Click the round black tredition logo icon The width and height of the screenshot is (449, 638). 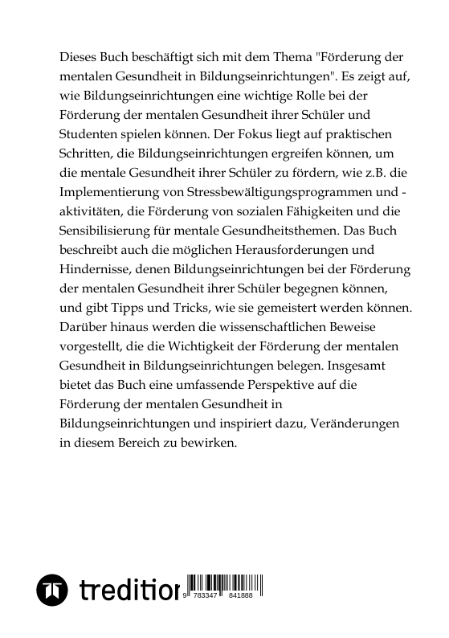(x=54, y=592)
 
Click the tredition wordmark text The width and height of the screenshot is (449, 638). (x=129, y=592)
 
